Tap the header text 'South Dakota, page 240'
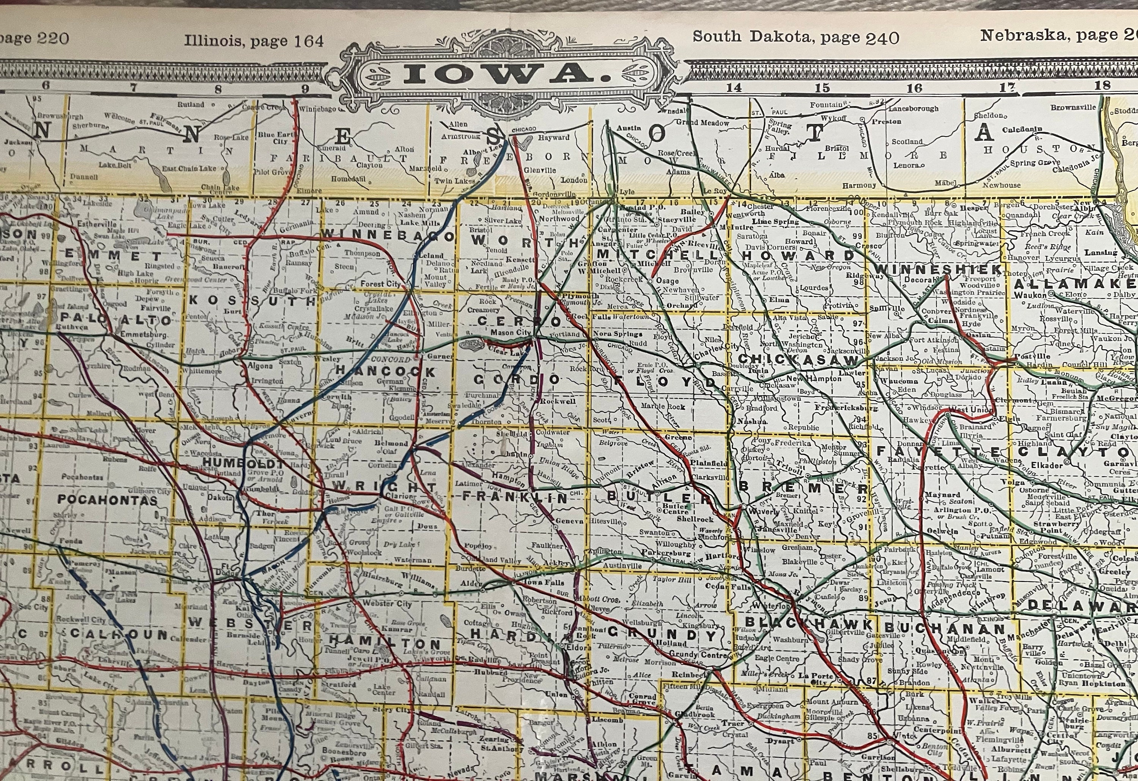coord(796,38)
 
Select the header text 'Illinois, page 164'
coord(254,41)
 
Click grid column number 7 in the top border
coord(133,88)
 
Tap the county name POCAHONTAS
coord(108,500)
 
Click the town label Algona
coord(261,365)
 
